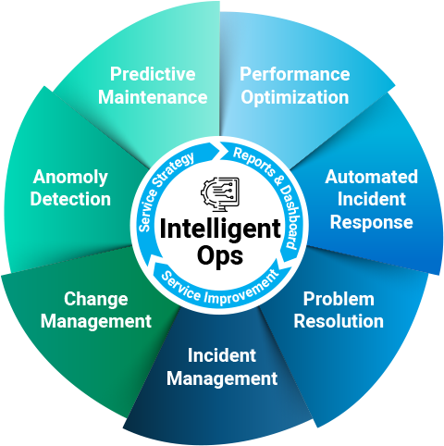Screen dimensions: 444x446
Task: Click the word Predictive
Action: pos(153,75)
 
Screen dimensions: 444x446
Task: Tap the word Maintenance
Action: pos(153,97)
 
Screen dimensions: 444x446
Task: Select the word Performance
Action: pos(295,74)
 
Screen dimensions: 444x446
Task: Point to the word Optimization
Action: pos(295,98)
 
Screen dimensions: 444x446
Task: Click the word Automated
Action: pos(371,177)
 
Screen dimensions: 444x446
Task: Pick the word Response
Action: pos(371,223)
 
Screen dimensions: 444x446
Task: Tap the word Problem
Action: pos(339,299)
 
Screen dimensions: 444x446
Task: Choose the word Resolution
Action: pos(339,321)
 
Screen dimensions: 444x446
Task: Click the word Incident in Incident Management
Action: pos(222,355)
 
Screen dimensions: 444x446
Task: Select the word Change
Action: pos(96,300)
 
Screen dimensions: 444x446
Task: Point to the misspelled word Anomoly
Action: pos(70,178)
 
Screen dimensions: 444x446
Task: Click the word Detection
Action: pos(70,199)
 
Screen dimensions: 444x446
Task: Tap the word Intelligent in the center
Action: pos(220,229)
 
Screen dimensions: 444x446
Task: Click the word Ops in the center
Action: pos(220,256)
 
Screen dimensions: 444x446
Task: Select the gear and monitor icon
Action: pos(220,194)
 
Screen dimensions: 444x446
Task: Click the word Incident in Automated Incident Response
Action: pos(371,199)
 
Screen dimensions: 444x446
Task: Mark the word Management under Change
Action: pos(96,322)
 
